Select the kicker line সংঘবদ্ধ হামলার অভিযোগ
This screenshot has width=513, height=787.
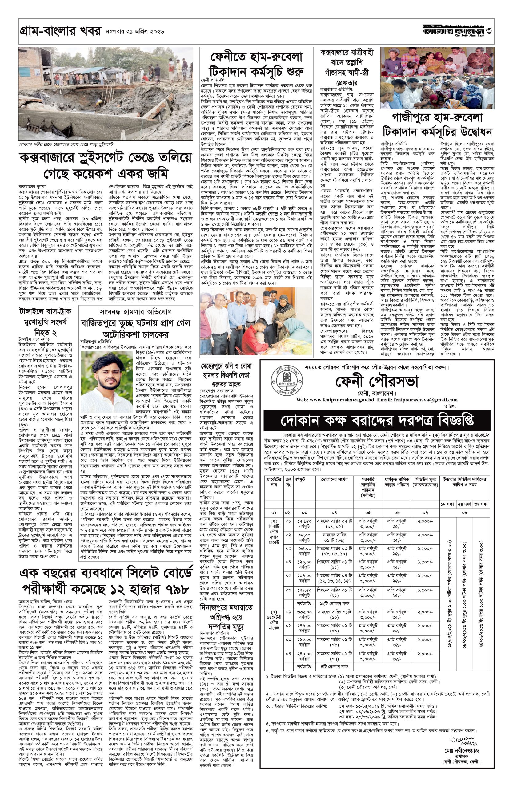(x=136, y=312)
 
